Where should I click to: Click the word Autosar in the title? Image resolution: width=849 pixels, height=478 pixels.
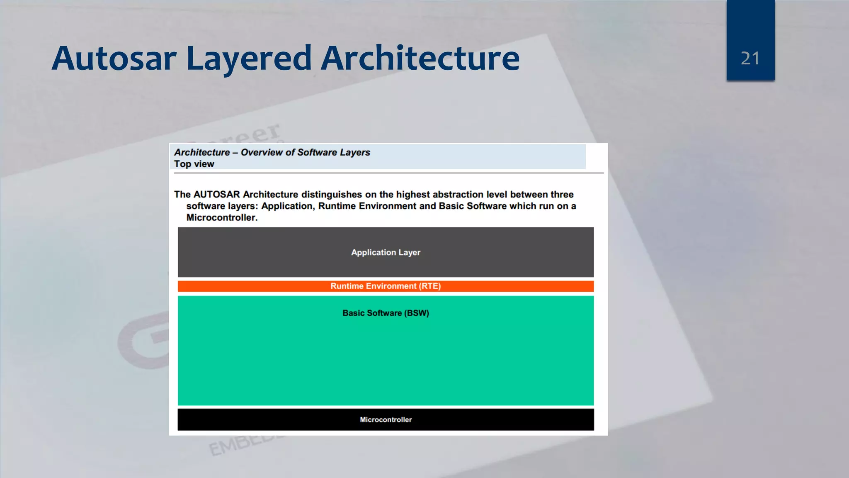coord(114,59)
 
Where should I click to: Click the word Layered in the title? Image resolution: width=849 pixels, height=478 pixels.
coord(249,59)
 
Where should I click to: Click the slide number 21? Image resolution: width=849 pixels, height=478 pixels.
coord(750,59)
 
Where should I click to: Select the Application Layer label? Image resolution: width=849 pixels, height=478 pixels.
coord(386,252)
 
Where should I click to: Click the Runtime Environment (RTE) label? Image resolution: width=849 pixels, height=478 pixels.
coord(386,286)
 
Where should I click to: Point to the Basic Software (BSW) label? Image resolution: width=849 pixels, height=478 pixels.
coord(386,313)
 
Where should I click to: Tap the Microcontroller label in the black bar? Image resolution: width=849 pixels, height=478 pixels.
coord(386,419)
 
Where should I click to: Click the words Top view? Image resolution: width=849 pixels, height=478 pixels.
coord(194,164)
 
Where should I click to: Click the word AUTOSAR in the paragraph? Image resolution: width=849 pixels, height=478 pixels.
coord(216,194)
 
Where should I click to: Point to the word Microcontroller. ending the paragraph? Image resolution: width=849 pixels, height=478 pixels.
coord(222,217)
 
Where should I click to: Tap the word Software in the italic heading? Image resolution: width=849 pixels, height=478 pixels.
coord(317,152)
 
